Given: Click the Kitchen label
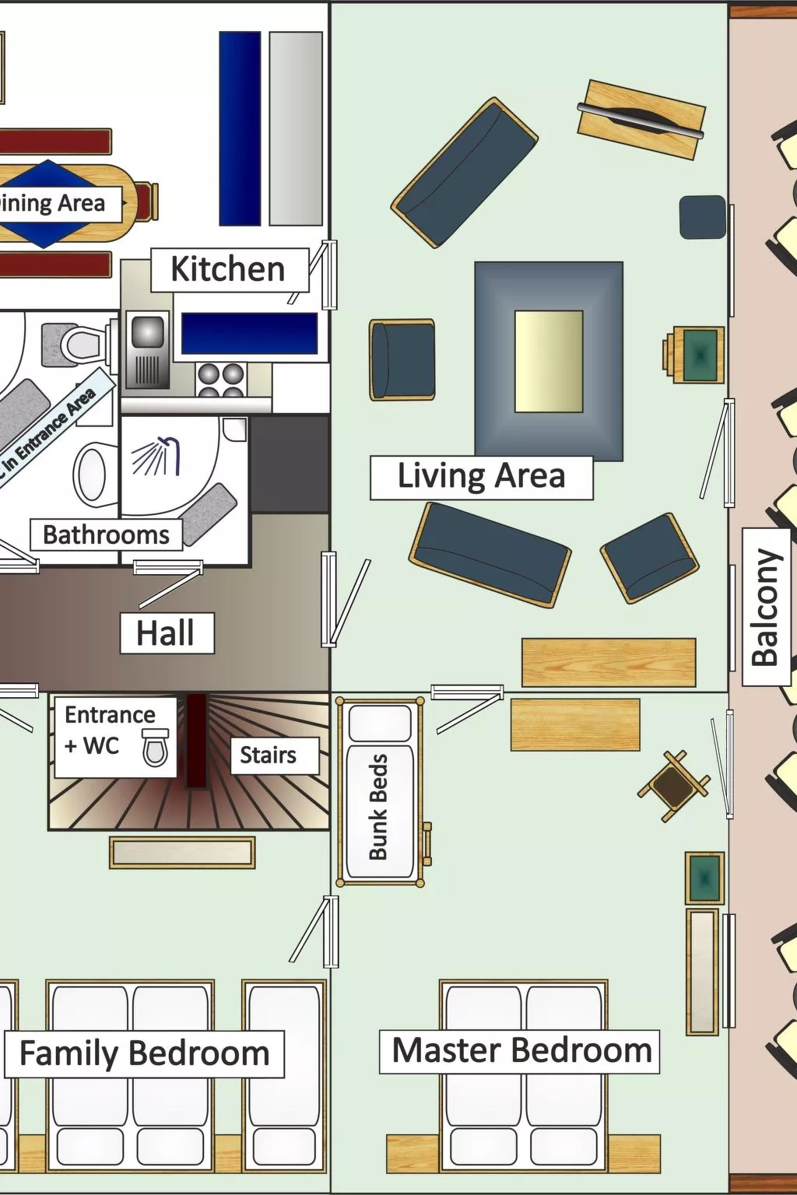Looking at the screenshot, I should [228, 270].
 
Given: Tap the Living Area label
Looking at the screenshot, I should [481, 476].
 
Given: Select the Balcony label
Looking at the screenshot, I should [765, 607].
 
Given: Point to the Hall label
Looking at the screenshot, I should [166, 633].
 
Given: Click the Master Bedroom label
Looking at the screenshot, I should [521, 1051].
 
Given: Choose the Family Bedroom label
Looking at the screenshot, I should [144, 1053].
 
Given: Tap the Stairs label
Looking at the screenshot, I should [268, 755].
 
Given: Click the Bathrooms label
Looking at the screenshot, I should [106, 535].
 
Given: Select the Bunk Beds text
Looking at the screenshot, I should [378, 806].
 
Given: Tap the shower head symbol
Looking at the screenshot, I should [159, 455].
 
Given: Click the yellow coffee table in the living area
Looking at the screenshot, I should [549, 361].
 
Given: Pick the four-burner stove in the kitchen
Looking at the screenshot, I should [221, 379].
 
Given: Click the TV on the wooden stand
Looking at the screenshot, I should [641, 119].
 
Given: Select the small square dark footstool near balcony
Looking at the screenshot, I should [702, 217].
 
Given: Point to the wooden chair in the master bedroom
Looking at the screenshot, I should [673, 786].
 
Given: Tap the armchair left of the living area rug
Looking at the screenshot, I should [402, 359].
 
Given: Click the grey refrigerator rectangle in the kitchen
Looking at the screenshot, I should [296, 129].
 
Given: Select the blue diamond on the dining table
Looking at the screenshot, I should [47, 204].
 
